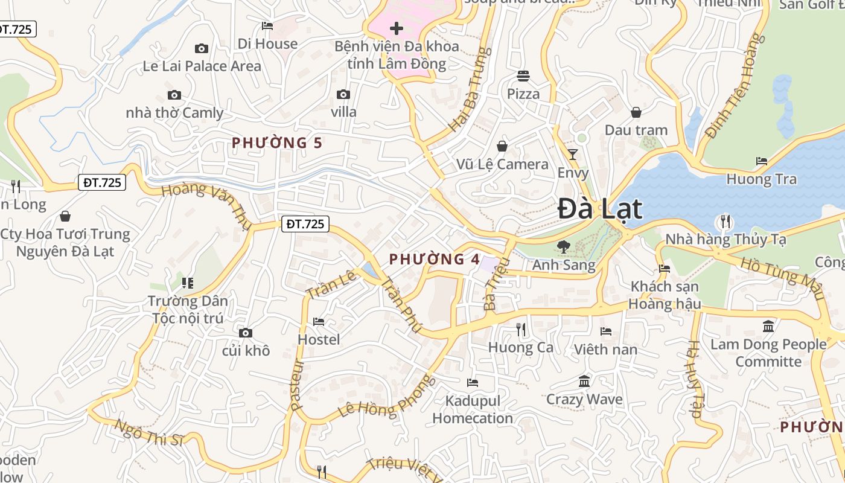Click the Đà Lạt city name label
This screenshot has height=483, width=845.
599,209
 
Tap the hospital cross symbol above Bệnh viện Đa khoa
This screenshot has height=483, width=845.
397,28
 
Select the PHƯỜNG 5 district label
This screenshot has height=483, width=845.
277,143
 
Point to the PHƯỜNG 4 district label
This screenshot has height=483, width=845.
435,260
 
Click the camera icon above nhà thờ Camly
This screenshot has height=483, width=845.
174,95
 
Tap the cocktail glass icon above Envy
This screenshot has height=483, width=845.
573,154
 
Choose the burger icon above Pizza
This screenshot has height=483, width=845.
523,76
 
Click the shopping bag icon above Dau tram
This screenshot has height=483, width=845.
636,112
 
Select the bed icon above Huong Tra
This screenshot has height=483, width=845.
762,161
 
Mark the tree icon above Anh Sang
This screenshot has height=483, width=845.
563,247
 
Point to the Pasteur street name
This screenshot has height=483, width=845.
296,385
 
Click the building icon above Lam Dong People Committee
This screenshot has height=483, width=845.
768,327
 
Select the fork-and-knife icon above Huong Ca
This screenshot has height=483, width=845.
521,330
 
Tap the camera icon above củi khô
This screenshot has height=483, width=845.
245,333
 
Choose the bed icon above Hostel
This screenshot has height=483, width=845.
319,322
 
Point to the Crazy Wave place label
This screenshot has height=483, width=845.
584,399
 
